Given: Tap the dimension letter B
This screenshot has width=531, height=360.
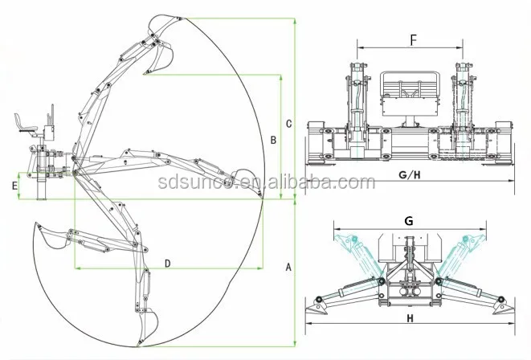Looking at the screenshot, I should [273, 140].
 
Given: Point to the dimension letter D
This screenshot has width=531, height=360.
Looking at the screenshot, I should [167, 263].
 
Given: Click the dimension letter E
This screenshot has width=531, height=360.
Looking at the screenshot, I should [14, 186].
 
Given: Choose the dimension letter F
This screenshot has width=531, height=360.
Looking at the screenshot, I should [412, 38].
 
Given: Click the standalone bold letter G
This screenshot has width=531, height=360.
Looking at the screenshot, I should [408, 219].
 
